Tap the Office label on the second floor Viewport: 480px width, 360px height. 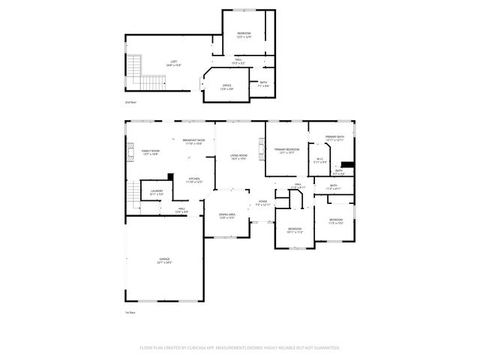[x=226, y=87]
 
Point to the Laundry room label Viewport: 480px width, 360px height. [x=156, y=192]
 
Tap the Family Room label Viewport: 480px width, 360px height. [x=150, y=152]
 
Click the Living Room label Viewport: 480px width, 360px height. [x=239, y=157]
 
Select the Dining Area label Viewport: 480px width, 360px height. [x=227, y=215]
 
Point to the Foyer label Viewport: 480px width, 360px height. [x=262, y=202]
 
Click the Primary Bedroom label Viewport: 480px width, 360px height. [x=287, y=151]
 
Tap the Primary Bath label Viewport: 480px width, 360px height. [x=334, y=138]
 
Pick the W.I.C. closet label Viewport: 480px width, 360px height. [x=319, y=160]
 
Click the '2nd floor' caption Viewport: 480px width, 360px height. [x=130, y=101]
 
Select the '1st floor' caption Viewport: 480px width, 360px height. [x=130, y=312]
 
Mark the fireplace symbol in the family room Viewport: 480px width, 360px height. [x=129, y=149]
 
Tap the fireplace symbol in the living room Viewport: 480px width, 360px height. [x=262, y=148]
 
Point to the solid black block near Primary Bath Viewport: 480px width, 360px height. [x=347, y=165]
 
